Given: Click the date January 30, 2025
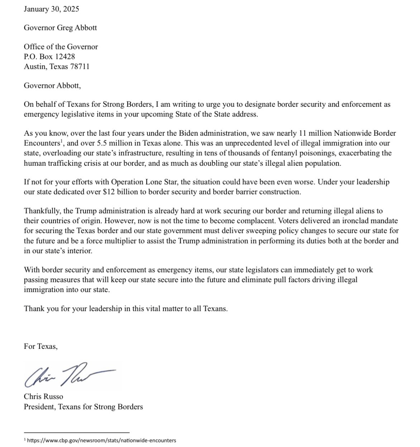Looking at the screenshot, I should pos(51,9).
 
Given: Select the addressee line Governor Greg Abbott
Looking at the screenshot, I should pos(60,27).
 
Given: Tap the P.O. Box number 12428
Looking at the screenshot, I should pos(65,56).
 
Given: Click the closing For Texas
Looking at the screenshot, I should pos(40,346).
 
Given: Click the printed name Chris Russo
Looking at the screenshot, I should pos(43,397).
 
